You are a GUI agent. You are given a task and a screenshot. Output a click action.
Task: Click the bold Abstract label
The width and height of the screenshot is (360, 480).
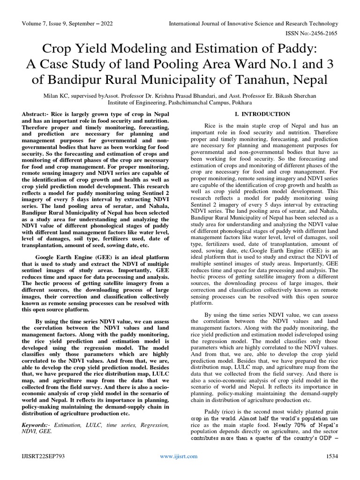[38, 114]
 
